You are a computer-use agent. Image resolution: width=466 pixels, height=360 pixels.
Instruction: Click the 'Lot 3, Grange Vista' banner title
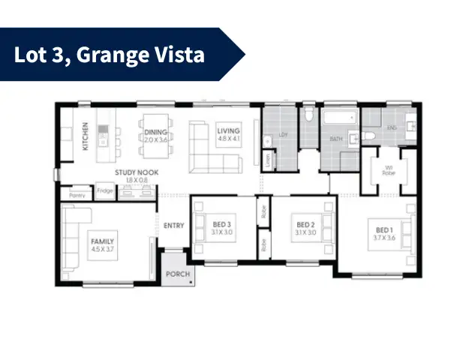(109, 55)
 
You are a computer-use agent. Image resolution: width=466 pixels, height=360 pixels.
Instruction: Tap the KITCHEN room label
(86, 136)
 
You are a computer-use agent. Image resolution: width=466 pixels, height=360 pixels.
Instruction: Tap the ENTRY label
(173, 225)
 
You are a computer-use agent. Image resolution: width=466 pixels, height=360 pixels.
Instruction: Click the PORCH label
(178, 274)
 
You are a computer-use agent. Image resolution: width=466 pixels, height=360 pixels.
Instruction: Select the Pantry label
(77, 194)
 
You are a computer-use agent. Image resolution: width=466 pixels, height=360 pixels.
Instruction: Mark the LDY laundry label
(284, 135)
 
